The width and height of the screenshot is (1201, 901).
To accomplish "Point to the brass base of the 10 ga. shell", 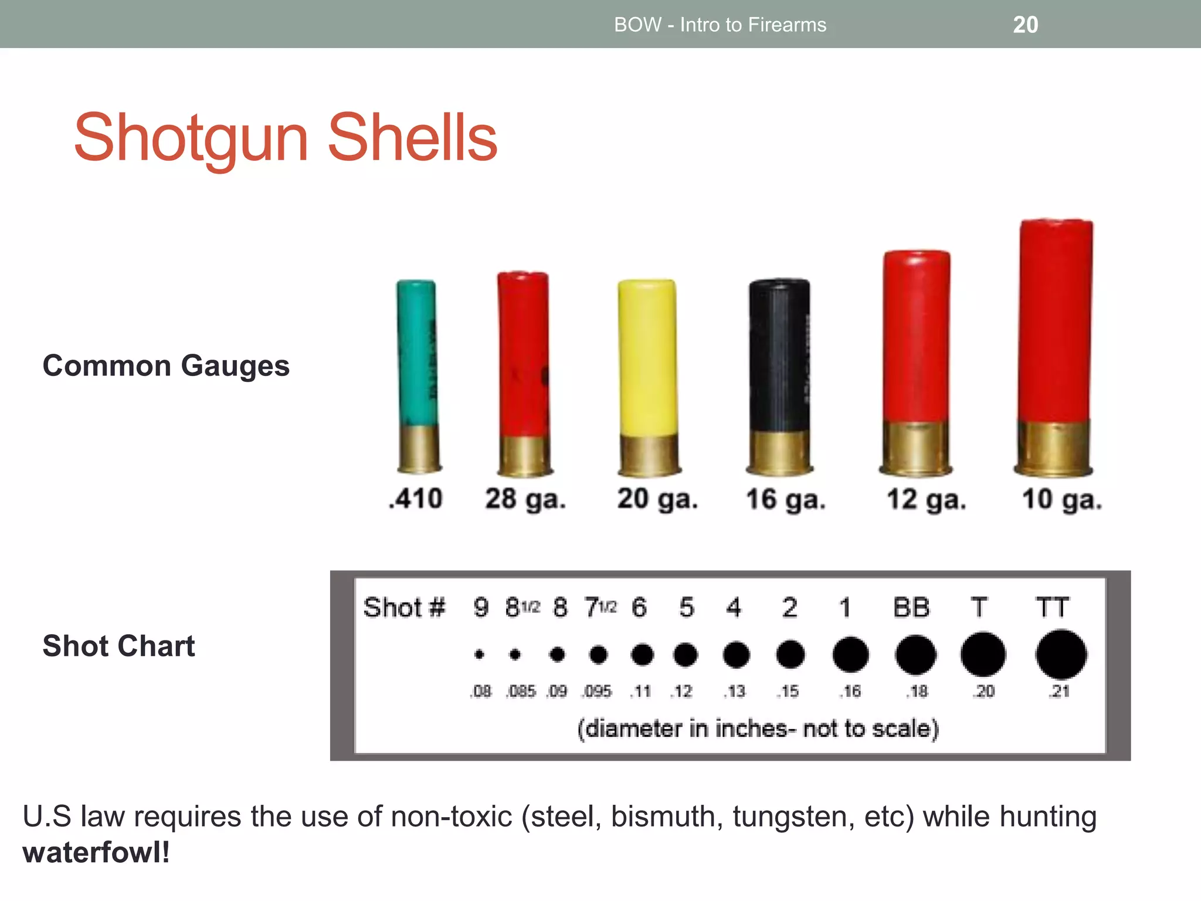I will (x=1053, y=448).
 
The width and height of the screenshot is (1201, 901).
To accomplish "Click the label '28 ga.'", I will (x=525, y=499).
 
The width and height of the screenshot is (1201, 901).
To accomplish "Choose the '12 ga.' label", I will (x=926, y=500).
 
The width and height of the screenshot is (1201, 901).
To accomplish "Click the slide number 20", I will (x=1025, y=25).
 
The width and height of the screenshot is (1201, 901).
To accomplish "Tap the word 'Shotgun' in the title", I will (x=191, y=138).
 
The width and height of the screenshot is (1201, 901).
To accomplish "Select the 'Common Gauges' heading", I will (x=166, y=366).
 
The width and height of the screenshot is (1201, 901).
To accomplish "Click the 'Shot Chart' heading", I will (x=118, y=646).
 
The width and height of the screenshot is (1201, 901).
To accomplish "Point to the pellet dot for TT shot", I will (x=1061, y=654).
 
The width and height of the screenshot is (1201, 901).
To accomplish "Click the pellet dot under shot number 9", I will (x=480, y=654).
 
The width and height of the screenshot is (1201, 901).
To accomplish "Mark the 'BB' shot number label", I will (x=911, y=608).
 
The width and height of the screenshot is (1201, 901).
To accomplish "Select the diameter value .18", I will (x=918, y=692).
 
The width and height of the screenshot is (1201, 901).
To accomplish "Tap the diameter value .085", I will (x=521, y=692).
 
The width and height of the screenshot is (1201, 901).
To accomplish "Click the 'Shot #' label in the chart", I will (x=404, y=608).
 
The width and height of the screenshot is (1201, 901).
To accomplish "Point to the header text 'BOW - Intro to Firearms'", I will (x=720, y=25).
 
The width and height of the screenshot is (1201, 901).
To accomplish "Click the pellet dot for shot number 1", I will (x=850, y=654).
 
